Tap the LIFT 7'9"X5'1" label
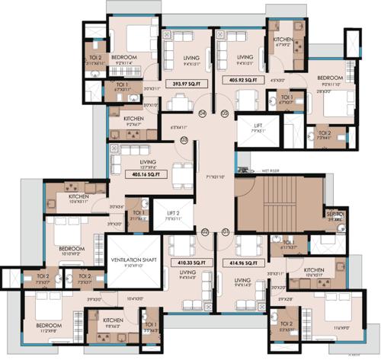[254, 126]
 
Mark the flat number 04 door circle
[203, 113]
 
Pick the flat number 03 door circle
[184, 140]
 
